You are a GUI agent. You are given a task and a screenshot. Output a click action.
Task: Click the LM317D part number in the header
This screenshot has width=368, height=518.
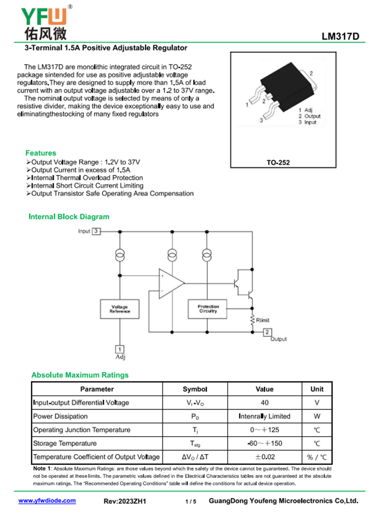coord(340,38)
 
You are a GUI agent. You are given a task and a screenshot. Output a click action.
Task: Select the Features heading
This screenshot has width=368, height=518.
coord(41,153)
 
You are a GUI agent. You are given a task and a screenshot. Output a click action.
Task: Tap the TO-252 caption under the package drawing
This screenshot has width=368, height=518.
coord(278,162)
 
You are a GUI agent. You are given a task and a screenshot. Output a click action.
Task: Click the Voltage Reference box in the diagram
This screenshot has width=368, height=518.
coord(120,309)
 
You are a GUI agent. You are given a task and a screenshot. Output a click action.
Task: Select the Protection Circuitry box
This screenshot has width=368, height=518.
coord(208,309)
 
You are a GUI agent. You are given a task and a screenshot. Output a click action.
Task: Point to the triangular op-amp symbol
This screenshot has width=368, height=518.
coord(171,282)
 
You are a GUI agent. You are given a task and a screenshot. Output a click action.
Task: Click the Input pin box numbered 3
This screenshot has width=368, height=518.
coord(96,231)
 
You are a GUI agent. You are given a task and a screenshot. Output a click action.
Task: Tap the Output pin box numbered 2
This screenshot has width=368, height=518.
coord(267,331)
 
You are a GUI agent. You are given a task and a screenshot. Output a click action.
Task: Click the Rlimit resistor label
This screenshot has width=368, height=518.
coord(263,320)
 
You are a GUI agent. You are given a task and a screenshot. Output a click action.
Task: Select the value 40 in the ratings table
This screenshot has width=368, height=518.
coord(264,403)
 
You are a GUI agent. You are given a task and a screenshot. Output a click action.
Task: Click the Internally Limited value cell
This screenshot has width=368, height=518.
coord(264,416)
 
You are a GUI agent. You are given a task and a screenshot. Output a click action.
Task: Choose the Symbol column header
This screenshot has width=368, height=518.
coord(195,389)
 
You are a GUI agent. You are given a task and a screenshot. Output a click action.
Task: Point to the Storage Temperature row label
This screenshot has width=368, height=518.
coord(65,444)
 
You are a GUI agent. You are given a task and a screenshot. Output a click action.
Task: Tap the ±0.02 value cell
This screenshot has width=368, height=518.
coord(264,457)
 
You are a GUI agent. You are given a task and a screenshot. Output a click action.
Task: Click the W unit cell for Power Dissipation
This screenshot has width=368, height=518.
coord(316,416)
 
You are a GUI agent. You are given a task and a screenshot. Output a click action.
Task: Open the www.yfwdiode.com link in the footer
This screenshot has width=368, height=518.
coord(47,501)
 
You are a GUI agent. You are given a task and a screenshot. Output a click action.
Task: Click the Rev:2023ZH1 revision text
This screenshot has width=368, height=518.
coord(125,501)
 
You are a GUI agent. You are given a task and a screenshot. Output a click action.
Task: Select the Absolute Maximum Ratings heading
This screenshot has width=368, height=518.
coord(80,375)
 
